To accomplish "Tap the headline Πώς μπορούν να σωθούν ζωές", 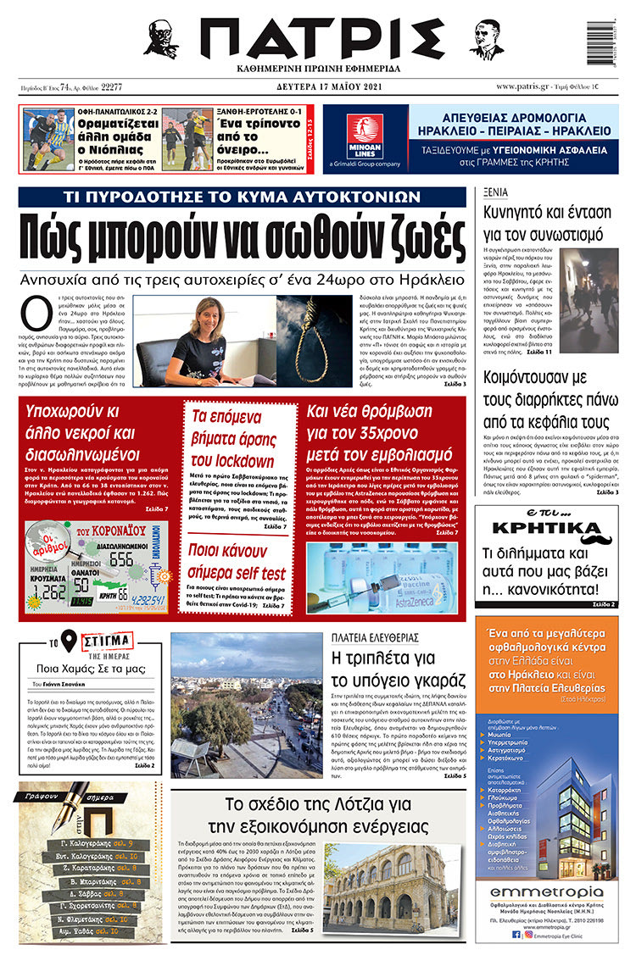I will (243, 239).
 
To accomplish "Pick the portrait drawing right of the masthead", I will (486, 38).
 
